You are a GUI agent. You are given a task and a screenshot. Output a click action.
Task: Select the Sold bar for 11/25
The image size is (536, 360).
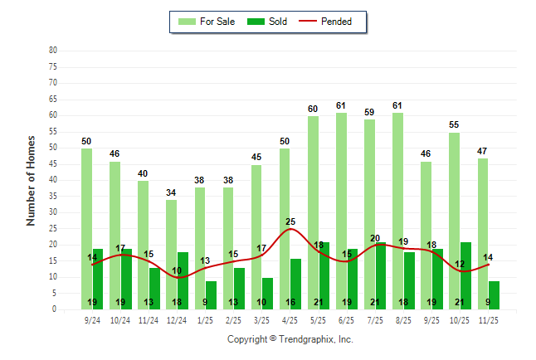495,294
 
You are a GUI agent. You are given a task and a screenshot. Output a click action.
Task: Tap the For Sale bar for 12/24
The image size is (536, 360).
171,254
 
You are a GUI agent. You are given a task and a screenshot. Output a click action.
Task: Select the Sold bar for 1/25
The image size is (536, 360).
211,294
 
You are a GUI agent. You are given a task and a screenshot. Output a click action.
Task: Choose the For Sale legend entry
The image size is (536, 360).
208,22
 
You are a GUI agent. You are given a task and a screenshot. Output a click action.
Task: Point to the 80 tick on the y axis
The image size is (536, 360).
53,51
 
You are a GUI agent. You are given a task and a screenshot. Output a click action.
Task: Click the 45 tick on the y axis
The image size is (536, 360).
53,163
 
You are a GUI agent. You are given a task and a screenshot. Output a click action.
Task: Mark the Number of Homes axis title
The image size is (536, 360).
32,180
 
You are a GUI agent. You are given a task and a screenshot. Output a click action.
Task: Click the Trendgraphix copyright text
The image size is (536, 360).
290,339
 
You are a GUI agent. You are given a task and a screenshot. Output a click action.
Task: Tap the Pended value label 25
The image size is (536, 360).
290,221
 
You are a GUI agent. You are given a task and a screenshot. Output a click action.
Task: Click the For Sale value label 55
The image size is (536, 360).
454,124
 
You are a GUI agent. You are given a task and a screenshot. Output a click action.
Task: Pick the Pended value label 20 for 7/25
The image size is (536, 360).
375,238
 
